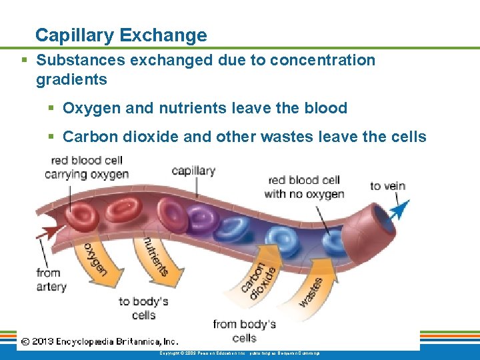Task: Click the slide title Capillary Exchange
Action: click(121, 35)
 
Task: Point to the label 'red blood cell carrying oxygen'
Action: click(87, 167)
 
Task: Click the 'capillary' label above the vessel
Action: click(193, 171)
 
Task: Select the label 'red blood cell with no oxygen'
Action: click(304, 187)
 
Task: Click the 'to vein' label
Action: click(387, 185)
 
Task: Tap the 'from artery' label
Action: click(51, 279)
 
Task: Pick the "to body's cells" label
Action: click(143, 307)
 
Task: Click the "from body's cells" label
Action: click(244, 330)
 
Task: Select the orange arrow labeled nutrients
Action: click(153, 256)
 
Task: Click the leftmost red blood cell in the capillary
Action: click(83, 215)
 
